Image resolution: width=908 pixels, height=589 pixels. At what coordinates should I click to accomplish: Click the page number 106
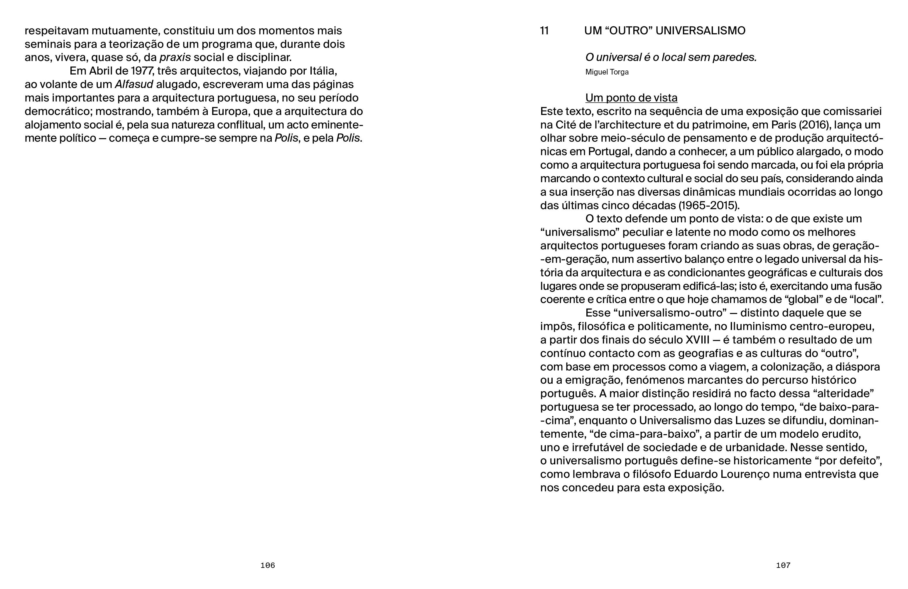tap(267, 565)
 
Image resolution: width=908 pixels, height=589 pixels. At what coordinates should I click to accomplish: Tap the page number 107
tap(783, 565)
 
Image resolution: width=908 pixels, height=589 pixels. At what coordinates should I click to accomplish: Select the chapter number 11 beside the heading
tap(544, 31)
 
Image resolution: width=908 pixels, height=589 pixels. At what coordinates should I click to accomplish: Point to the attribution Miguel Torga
tap(607, 72)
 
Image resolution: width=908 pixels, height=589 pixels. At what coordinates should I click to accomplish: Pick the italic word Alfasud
tap(134, 84)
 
